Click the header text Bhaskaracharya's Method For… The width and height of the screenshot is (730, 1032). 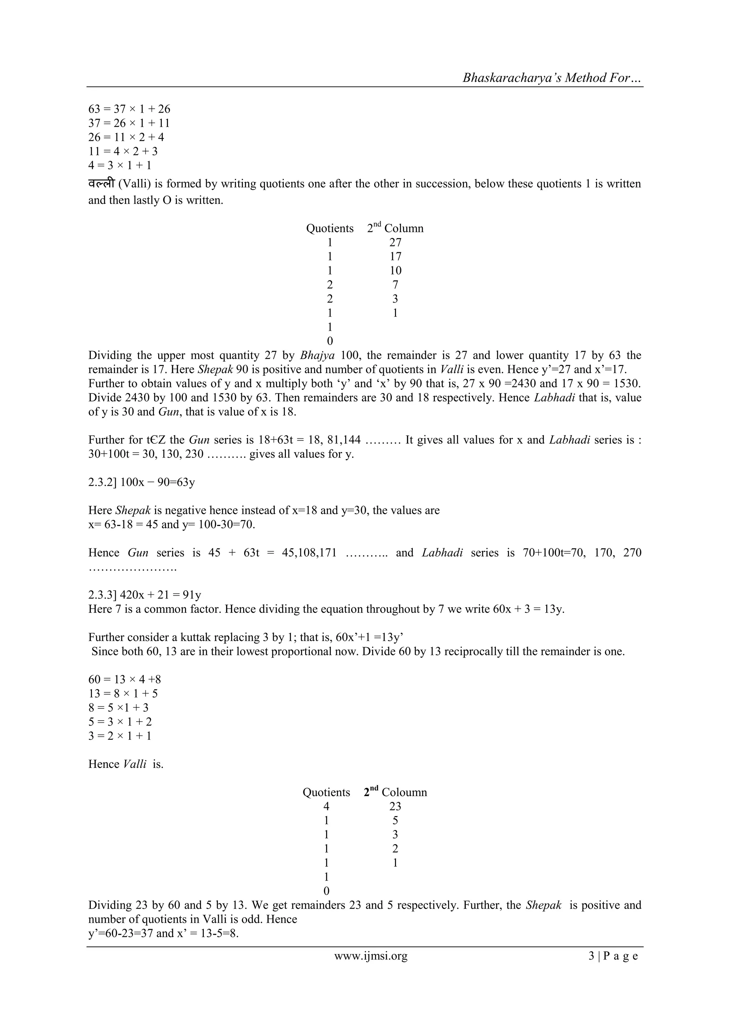pos(552,78)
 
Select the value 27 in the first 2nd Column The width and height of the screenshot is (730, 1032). pos(395,243)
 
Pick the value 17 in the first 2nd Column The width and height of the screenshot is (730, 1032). pos(395,257)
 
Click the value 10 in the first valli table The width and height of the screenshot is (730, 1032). pos(395,270)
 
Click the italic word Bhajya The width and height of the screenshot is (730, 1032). pos(317,356)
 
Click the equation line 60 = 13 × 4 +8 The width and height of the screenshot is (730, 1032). pos(124,679)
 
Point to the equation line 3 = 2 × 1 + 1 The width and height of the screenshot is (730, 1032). pos(119,736)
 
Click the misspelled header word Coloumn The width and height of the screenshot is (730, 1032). pos(404,792)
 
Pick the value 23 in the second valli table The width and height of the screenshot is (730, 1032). pos(395,806)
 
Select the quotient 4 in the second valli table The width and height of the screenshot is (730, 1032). pos(327,806)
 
